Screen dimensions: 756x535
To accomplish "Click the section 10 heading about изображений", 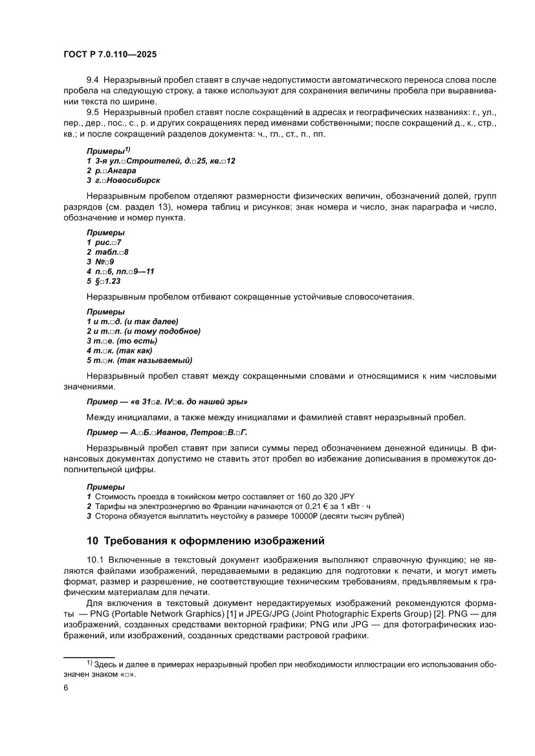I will pos(205,541).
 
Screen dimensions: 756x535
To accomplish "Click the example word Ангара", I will pos(120,171).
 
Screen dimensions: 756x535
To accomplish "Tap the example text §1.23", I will pos(107,281).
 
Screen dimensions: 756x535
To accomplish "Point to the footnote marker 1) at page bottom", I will pos(90,662).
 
